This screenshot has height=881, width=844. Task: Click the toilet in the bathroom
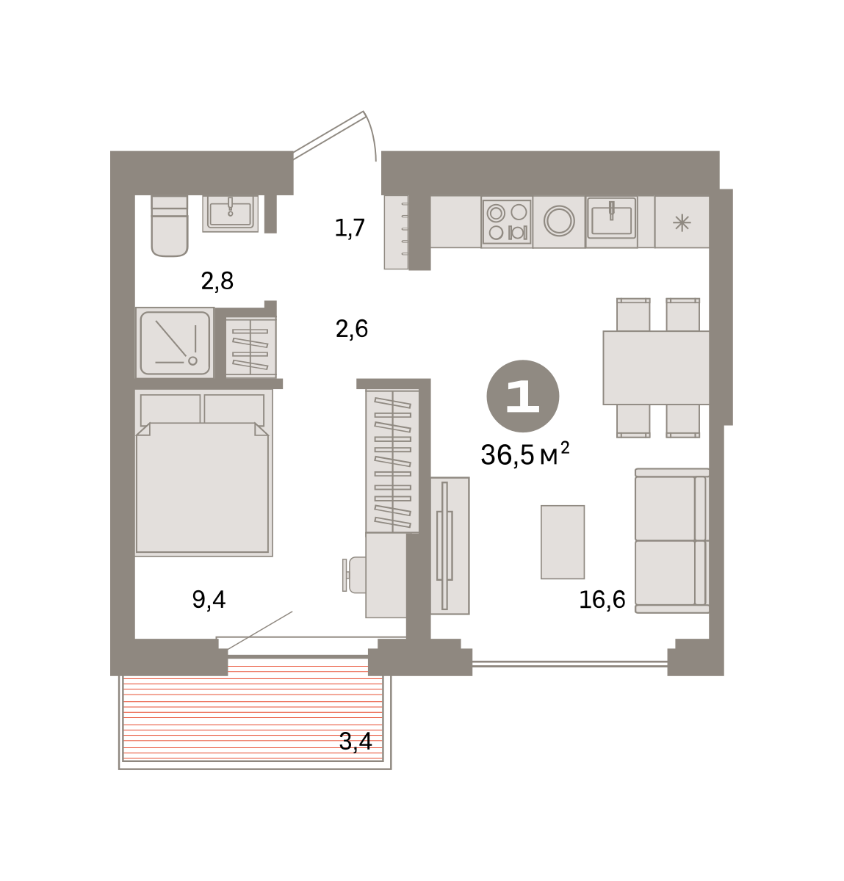pyautogui.click(x=170, y=226)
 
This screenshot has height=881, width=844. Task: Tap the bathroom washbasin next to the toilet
pyautogui.click(x=230, y=214)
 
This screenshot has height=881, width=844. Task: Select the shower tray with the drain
pyautogui.click(x=175, y=343)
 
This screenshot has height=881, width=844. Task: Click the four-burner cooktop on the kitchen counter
pyautogui.click(x=507, y=222)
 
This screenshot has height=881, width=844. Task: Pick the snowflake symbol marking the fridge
pyautogui.click(x=682, y=222)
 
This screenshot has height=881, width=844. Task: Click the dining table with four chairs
pyautogui.click(x=656, y=368)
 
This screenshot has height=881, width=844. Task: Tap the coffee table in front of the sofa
pyautogui.click(x=563, y=542)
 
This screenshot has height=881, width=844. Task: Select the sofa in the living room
pyautogui.click(x=672, y=540)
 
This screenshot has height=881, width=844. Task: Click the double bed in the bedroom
pyautogui.click(x=204, y=473)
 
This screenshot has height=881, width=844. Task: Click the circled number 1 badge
pyautogui.click(x=523, y=396)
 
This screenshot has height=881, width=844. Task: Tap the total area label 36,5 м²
pyautogui.click(x=525, y=454)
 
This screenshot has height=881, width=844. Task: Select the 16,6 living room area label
pyautogui.click(x=602, y=600)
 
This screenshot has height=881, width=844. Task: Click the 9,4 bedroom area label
pyautogui.click(x=209, y=600)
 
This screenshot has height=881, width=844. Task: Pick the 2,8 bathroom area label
pyautogui.click(x=217, y=281)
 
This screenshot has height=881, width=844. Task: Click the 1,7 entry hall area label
pyautogui.click(x=350, y=228)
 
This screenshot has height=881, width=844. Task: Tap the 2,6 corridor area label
pyautogui.click(x=352, y=329)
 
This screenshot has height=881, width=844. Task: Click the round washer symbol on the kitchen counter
pyautogui.click(x=559, y=221)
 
